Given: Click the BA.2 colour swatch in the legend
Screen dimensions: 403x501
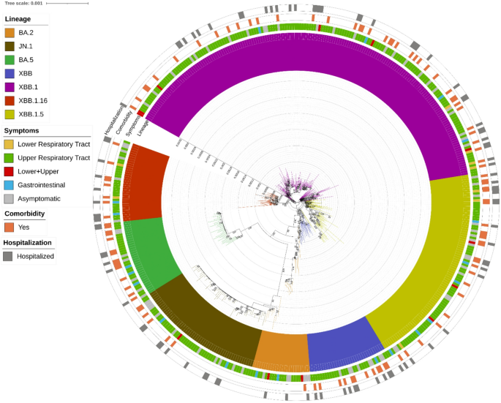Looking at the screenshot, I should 10,33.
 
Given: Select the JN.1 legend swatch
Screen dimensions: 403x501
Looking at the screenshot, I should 10,47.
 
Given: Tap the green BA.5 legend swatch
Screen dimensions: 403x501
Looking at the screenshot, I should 10,60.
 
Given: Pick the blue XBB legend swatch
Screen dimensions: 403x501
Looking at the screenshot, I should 10,74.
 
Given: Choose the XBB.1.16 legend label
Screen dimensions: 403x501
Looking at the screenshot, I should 36,101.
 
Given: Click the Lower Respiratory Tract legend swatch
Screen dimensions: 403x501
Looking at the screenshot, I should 10,144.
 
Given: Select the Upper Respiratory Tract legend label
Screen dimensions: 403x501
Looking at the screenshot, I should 54,158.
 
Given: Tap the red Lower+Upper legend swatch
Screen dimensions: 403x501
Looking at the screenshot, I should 10,171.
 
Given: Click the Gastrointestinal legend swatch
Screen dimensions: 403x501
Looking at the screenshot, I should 10,185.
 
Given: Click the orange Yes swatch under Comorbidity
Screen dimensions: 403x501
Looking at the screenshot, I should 10,227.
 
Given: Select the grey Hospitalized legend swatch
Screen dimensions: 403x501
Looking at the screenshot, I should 10,256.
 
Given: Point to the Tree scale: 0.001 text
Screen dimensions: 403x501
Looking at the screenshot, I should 24,4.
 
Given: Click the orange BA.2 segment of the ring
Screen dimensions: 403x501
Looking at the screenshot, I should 281,350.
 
